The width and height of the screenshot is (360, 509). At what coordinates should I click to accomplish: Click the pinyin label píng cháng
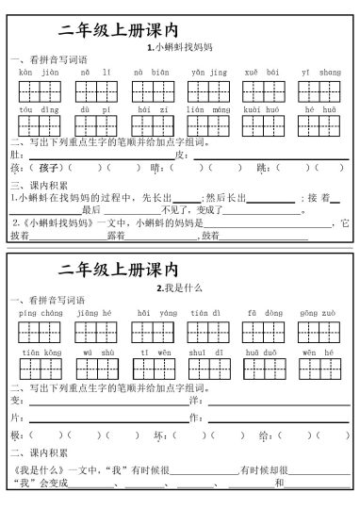coord(40,311)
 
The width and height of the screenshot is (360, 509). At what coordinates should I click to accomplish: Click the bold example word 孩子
coord(50,167)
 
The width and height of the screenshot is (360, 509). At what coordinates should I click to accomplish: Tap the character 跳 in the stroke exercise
coord(260,167)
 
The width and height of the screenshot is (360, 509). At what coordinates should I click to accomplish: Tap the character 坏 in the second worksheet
coord(156,435)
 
